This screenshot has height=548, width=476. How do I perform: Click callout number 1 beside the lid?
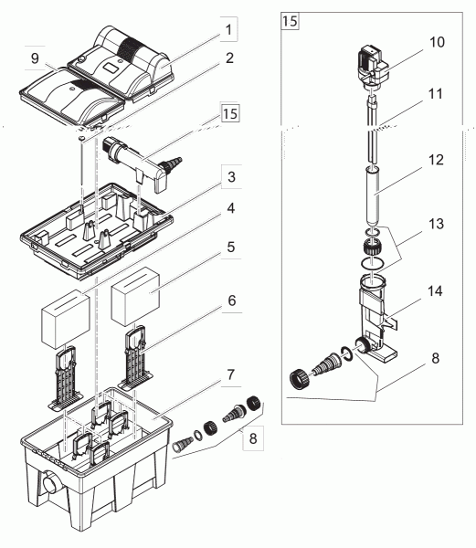(229, 30)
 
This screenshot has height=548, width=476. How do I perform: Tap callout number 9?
(35, 58)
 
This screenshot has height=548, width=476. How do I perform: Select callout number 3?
(231, 177)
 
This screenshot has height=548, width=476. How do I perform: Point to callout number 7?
(230, 374)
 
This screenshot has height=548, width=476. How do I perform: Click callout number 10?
(437, 42)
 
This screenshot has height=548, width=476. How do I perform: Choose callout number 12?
(436, 160)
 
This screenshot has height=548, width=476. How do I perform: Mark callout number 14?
(436, 290)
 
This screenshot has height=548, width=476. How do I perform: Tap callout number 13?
(436, 224)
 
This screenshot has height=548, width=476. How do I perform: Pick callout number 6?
(232, 300)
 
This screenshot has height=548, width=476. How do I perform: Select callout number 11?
(436, 94)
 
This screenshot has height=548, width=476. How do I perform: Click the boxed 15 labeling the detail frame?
(290, 21)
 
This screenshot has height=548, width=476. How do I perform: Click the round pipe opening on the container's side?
(49, 484)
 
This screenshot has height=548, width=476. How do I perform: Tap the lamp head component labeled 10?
(373, 67)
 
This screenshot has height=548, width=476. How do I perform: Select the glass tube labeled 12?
(373, 196)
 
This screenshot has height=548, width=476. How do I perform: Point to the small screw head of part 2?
(82, 139)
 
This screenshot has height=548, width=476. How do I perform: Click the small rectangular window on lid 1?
(111, 66)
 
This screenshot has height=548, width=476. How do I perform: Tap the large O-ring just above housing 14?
(373, 263)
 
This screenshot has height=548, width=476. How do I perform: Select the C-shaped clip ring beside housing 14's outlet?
(347, 353)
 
